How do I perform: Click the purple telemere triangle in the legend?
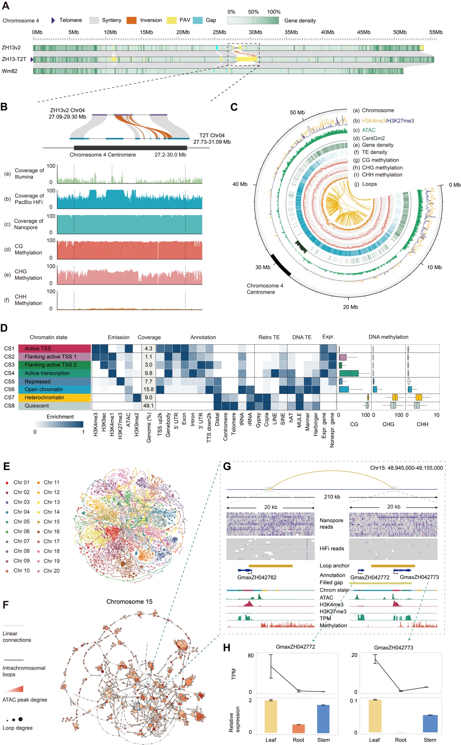pos(53,20)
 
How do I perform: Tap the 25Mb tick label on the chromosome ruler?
pos(219,32)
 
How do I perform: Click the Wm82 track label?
pos(9,71)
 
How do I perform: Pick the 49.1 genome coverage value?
pos(149,406)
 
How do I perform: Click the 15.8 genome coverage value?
pos(149,389)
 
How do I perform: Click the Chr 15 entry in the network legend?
pos(51,522)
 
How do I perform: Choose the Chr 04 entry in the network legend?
pos(21,512)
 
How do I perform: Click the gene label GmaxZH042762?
pos(257,577)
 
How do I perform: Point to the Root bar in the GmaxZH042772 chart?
pos(298,728)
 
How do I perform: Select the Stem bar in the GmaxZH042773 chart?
pos(430,724)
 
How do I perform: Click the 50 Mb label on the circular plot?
pos(297,112)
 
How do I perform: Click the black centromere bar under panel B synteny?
pos(130,148)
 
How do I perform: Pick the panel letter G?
pos(227,466)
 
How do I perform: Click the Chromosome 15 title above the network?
pos(129,602)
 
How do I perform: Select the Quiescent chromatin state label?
pos(37,406)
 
